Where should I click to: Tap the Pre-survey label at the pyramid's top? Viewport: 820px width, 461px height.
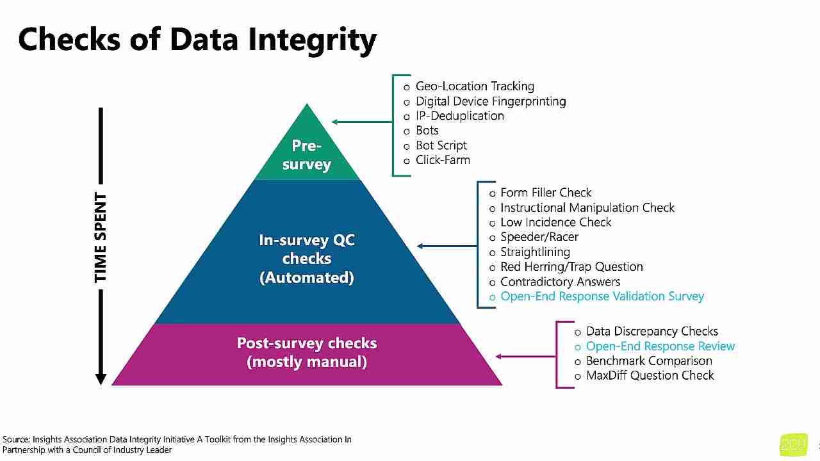point(306,155)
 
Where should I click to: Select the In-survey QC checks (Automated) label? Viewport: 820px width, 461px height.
point(306,259)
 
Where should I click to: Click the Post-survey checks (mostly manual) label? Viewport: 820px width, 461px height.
point(306,352)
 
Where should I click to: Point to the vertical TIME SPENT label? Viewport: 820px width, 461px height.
point(101,238)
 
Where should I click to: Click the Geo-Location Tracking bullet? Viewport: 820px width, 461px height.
point(475,86)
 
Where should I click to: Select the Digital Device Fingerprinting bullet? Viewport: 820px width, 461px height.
point(490,101)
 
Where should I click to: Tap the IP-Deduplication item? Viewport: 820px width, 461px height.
point(459,116)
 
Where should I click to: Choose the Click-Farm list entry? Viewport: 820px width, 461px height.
point(443,160)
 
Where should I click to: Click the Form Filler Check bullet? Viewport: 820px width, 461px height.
point(545,193)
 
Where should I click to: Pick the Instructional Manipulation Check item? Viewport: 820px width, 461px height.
point(587,207)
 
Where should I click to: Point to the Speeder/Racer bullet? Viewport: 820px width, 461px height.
point(539,237)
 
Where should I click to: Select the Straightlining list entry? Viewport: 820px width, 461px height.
point(535,252)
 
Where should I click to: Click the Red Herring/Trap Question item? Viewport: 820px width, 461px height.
point(571,267)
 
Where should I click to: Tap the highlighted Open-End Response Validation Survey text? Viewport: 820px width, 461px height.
point(602,296)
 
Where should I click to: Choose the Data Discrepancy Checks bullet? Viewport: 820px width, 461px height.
point(652,332)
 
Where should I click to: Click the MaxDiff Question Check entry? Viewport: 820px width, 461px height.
point(650,376)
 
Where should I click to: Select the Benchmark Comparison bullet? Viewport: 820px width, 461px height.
point(648,361)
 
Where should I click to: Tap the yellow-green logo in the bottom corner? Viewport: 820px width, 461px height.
point(793,445)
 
